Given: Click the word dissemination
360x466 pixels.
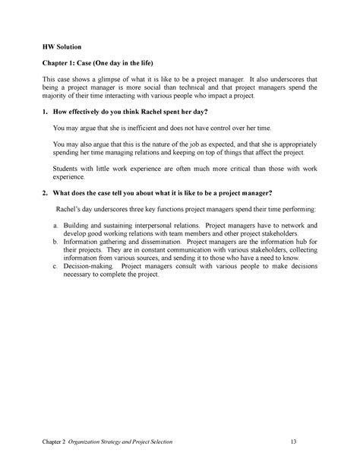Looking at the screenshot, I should (x=175, y=242).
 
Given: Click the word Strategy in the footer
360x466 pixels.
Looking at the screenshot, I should (x=131, y=442).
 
